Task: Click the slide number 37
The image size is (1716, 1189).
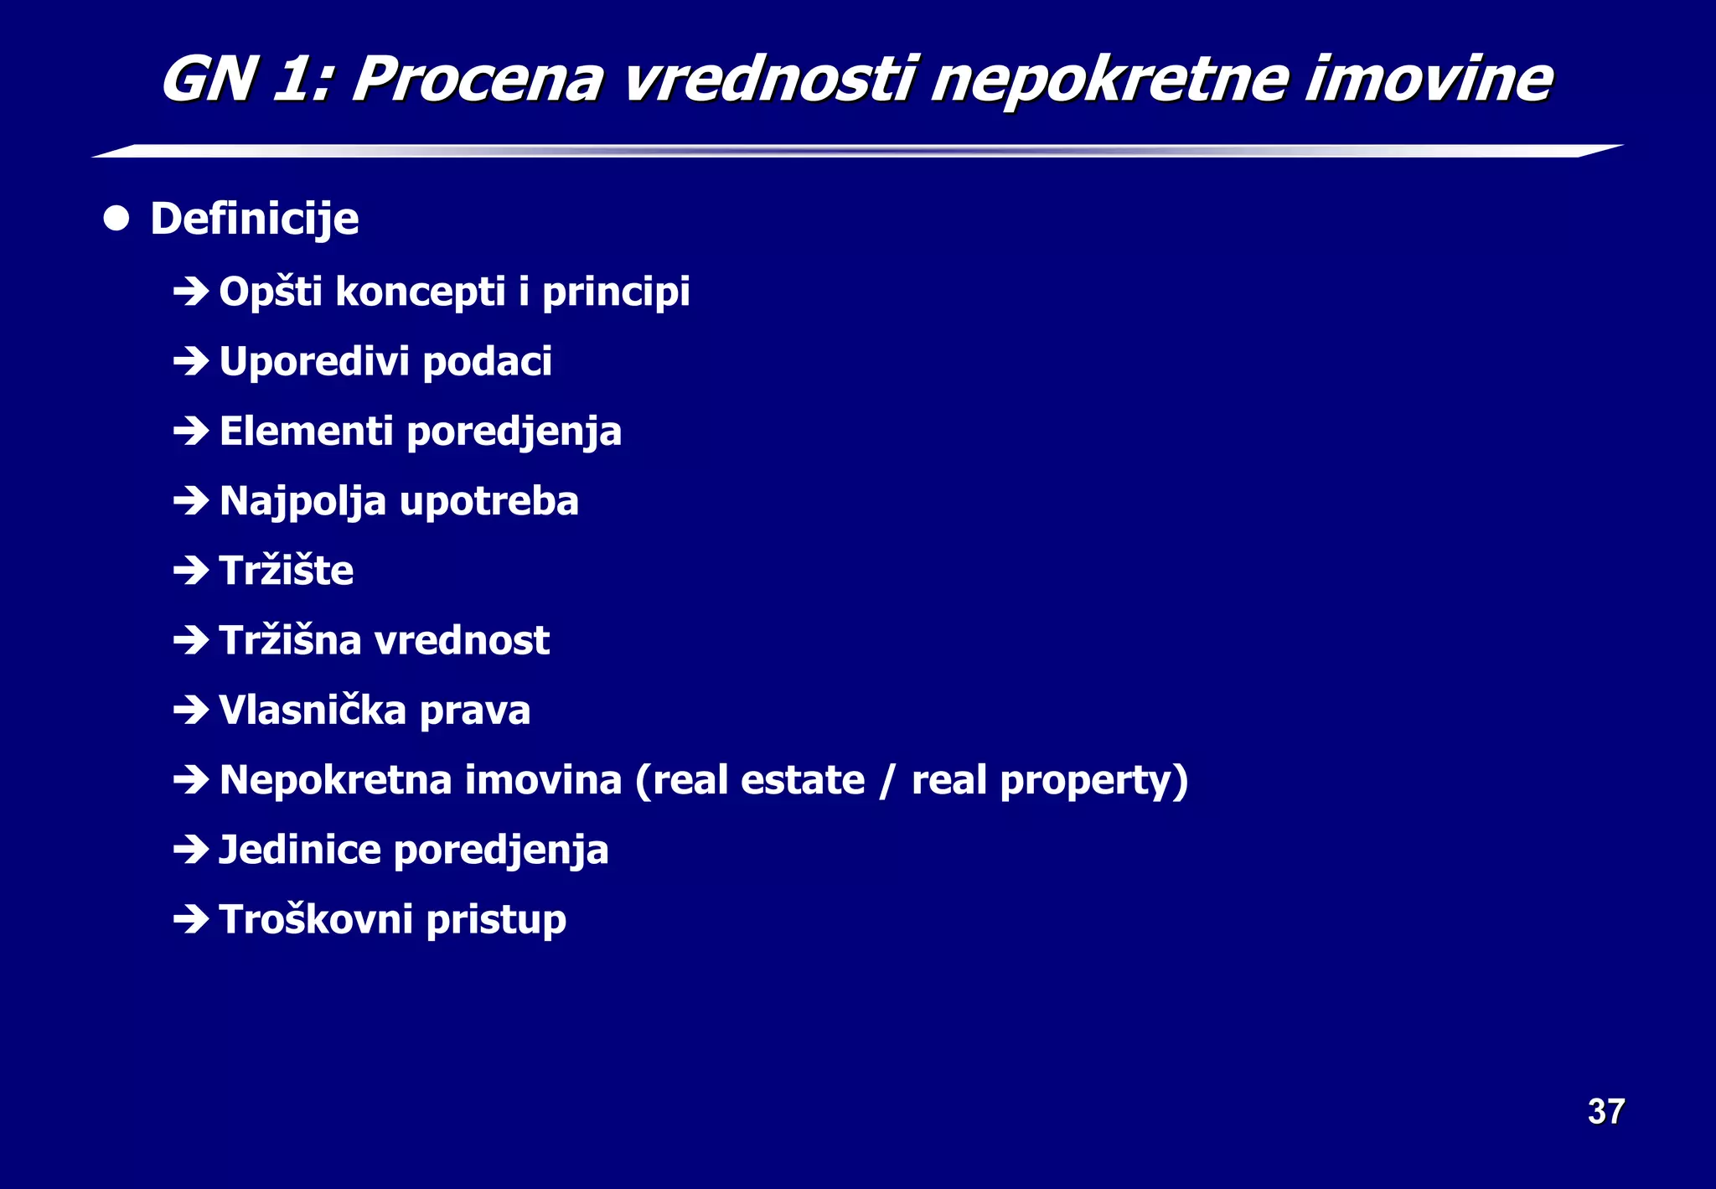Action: point(1605,1112)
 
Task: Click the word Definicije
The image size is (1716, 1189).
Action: point(255,220)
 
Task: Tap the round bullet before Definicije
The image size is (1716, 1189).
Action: point(116,219)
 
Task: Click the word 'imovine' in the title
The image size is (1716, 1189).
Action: point(1428,80)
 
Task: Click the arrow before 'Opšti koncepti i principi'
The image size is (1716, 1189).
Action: point(191,292)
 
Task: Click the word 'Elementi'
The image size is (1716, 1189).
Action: point(306,432)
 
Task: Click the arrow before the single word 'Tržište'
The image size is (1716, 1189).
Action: point(191,571)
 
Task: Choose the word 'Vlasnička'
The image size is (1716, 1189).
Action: point(313,710)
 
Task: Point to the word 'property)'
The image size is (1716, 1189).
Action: point(1094,781)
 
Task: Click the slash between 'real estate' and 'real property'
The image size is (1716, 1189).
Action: point(887,781)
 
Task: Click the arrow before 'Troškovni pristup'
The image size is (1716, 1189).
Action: point(191,919)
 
